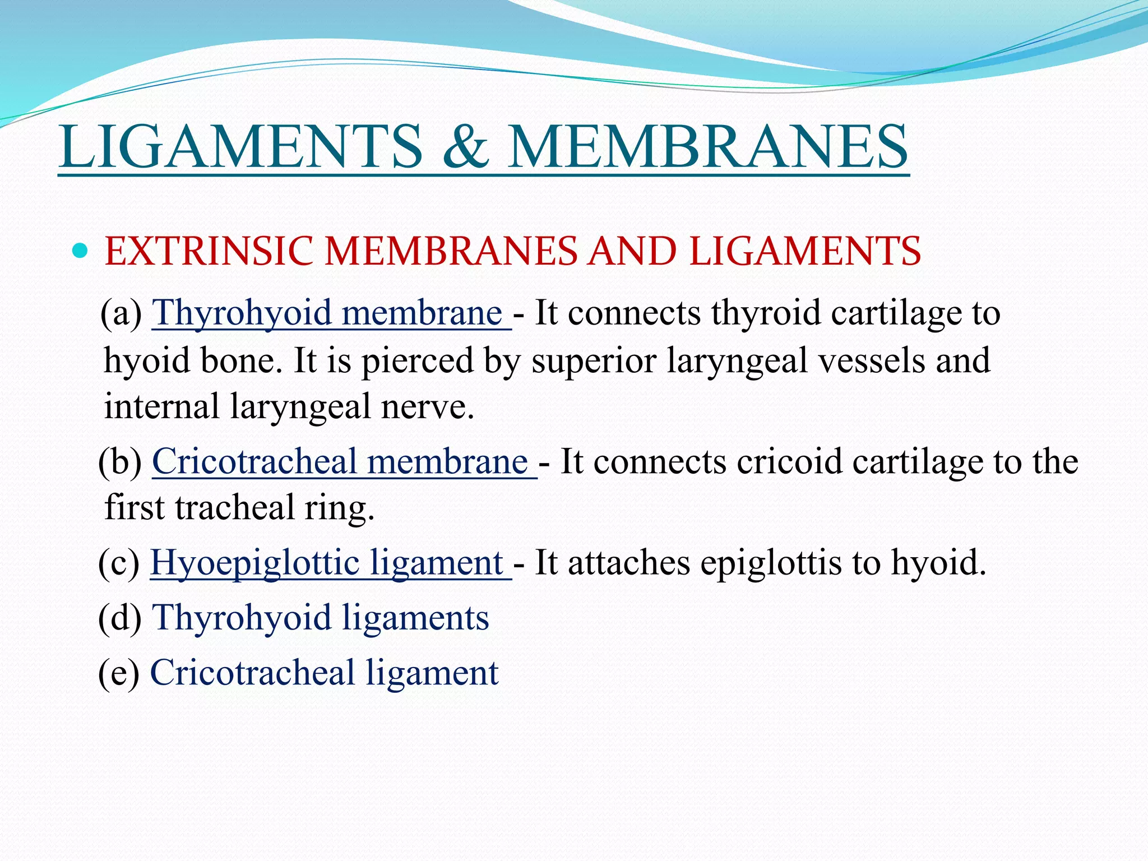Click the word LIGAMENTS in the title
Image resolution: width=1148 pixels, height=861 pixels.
(x=240, y=147)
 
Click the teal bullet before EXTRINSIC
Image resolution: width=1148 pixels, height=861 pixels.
(x=81, y=250)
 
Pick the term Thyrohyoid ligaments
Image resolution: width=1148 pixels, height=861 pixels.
(x=321, y=618)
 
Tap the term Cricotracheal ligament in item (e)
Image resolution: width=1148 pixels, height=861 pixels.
(x=324, y=673)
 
